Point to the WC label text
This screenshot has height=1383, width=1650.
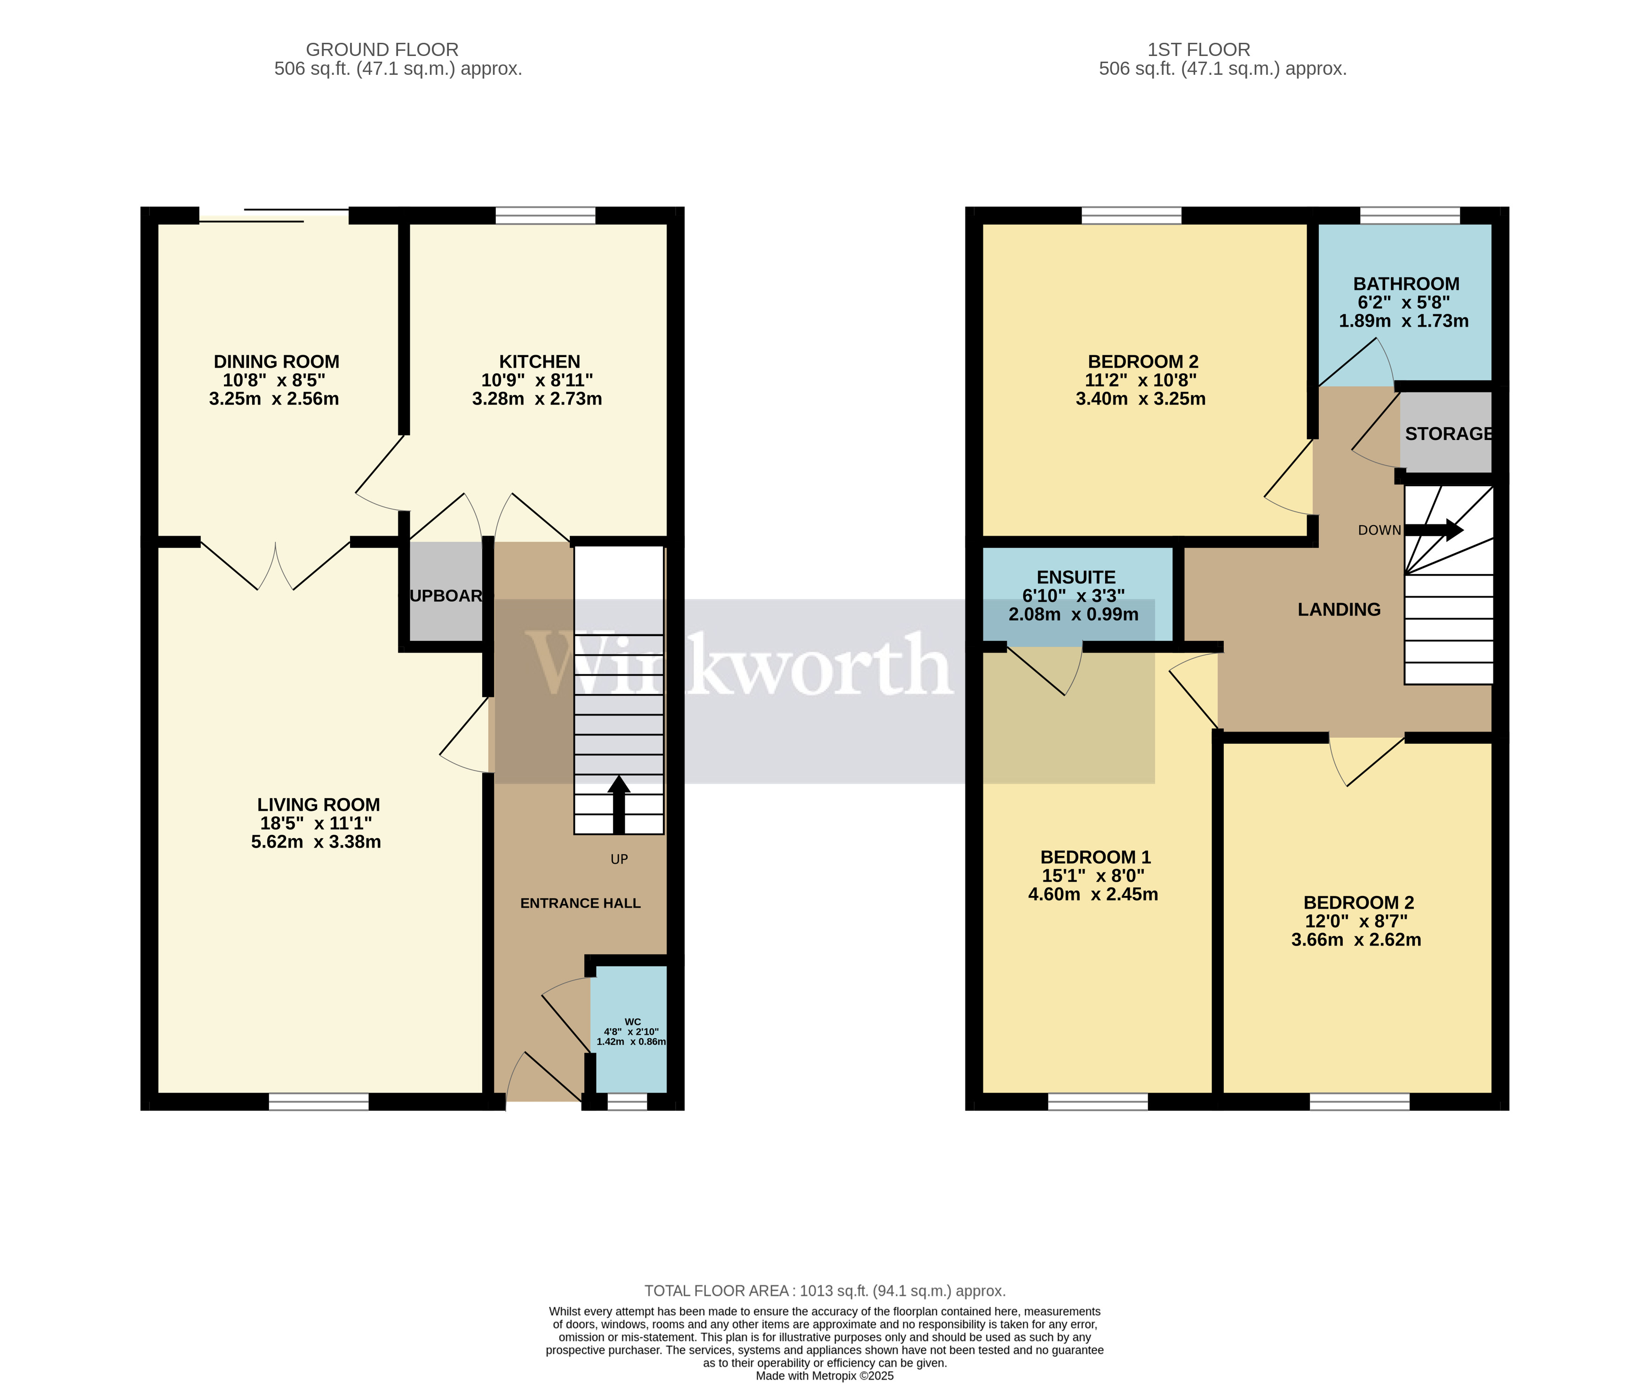pos(632,1022)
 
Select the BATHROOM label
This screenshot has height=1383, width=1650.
pos(1406,284)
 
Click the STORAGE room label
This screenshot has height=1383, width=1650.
pos(1448,434)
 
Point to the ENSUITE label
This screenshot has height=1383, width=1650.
pos(1076,577)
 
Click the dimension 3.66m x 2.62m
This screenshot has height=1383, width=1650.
pos(1355,940)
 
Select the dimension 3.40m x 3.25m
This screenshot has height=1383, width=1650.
pos(1140,399)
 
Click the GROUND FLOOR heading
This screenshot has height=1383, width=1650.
pos(382,49)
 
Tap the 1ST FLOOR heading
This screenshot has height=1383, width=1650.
pos(1198,49)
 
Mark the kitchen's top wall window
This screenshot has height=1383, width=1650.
pos(545,216)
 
